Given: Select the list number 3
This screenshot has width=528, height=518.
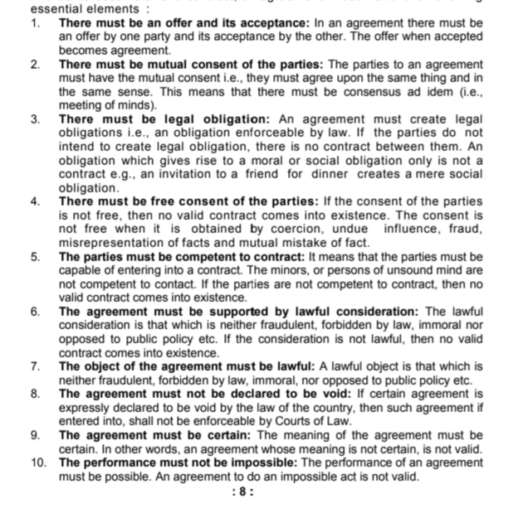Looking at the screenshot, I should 35,119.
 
